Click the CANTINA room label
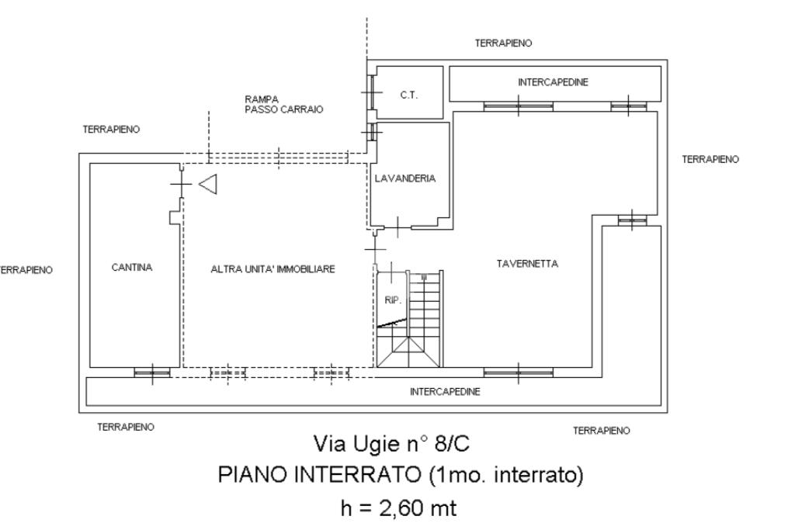[x=132, y=268]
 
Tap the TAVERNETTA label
[x=527, y=264]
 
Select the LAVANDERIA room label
[x=405, y=178]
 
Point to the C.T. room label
[x=409, y=95]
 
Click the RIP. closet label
[x=391, y=300]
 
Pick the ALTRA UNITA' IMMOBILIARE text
[x=273, y=269]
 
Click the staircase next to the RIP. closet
[x=425, y=318]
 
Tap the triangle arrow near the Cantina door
[x=207, y=184]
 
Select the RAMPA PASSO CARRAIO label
[x=283, y=105]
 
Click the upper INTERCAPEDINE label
[x=553, y=82]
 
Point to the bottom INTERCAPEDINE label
[x=445, y=392]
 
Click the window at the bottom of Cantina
[x=152, y=372]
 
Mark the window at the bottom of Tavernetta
[x=518, y=372]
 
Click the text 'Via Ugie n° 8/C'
[x=391, y=445]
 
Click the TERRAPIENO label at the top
[x=503, y=43]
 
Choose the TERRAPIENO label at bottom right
[x=601, y=431]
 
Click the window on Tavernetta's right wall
[x=632, y=220]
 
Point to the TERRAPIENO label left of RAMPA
[x=111, y=130]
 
